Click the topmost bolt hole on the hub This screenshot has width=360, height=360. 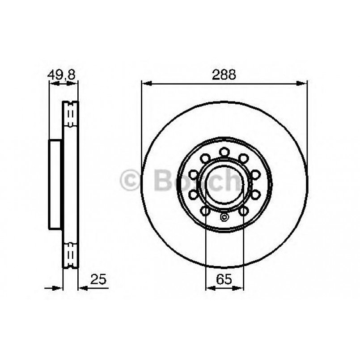(x=224, y=152)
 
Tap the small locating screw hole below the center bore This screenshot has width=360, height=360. (x=224, y=218)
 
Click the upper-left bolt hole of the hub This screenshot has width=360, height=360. (x=205, y=158)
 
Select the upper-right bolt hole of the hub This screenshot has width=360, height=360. (x=243, y=158)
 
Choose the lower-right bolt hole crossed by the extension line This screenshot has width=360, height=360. (x=243, y=210)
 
